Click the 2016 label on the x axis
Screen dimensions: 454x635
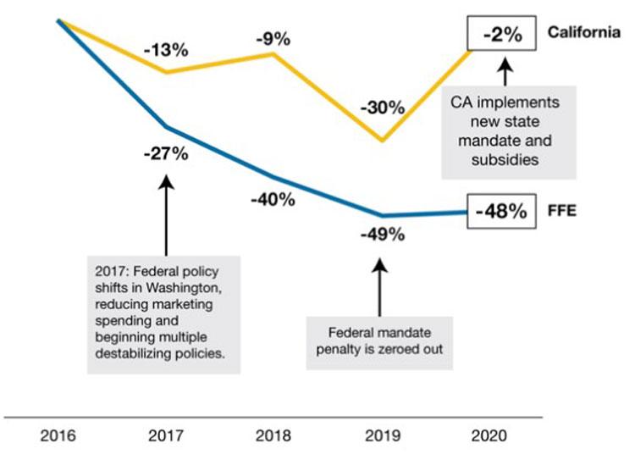coord(58,436)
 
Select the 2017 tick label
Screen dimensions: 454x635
coord(165,436)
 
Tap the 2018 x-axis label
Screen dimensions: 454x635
coord(273,436)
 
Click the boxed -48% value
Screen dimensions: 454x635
coord(500,212)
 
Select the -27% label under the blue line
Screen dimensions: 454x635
coord(166,153)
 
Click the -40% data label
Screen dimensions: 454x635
coord(273,200)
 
